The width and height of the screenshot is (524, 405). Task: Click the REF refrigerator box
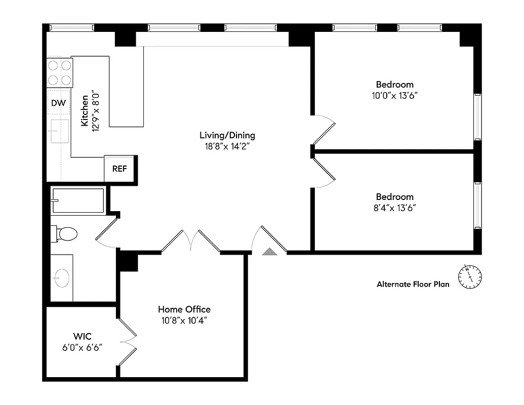point(119,169)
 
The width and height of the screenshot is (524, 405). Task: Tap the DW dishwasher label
point(59,103)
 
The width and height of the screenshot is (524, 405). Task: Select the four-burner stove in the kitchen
point(60,72)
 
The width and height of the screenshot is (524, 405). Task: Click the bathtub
point(78,200)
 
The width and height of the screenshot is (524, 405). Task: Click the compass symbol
point(470,276)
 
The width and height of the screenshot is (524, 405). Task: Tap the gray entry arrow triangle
point(269,251)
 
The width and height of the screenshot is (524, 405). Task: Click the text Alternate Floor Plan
point(413,285)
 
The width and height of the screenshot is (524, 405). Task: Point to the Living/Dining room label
point(227,135)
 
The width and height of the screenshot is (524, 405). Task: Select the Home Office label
point(184,309)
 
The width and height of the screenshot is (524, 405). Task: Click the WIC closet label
point(82,336)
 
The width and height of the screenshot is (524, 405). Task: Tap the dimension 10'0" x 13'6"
point(394,95)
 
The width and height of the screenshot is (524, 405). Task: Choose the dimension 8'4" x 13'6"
point(394,207)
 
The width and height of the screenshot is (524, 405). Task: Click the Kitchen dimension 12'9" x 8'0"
point(96,113)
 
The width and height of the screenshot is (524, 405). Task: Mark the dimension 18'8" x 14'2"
point(227,146)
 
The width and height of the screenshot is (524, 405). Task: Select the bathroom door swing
point(107,233)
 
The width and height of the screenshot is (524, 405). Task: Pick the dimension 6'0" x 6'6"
point(82,347)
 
